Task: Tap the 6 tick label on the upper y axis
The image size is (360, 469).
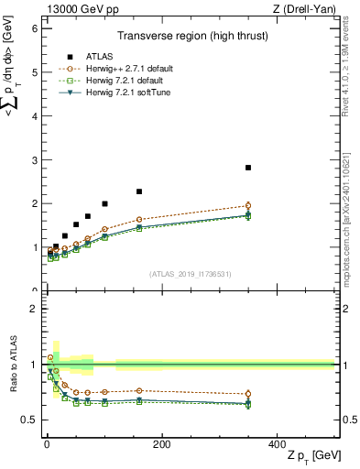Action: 35,28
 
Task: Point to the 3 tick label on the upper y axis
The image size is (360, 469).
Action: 35,160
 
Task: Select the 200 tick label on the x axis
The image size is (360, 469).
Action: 161,443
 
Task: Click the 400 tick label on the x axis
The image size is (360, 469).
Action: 277,443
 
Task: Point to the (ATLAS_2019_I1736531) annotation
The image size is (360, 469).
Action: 191,274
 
